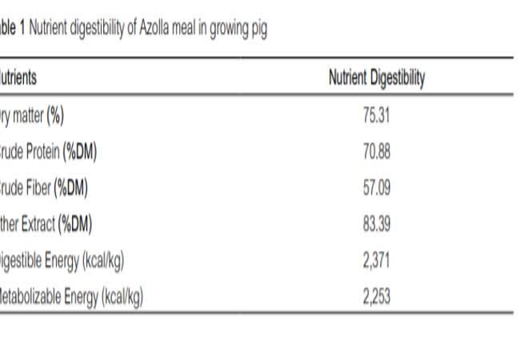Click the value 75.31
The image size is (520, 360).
point(376,116)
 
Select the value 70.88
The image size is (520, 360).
point(376,152)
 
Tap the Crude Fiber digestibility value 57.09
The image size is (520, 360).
point(376,188)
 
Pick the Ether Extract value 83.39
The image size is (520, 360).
point(376,225)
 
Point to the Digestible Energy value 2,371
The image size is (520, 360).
point(376,261)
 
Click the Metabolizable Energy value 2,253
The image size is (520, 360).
point(376,297)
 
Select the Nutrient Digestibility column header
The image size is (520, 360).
point(377,78)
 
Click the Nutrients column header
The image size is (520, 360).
point(18,78)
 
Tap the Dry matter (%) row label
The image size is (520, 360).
point(32,116)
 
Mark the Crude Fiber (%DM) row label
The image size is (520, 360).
point(44,188)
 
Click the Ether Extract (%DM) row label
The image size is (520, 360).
point(46,225)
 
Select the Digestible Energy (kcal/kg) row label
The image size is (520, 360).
point(62,261)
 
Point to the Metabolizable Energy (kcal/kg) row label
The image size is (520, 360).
point(72,297)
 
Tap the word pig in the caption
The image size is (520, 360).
point(258,30)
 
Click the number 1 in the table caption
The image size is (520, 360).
point(22,30)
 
